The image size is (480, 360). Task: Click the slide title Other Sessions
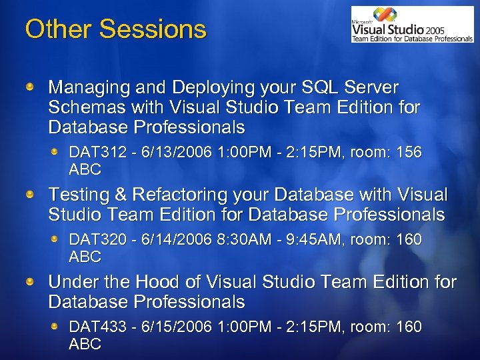[x=115, y=29]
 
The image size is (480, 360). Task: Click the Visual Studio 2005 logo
[x=412, y=25]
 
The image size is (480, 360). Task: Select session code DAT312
[x=93, y=153]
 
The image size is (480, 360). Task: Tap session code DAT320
[x=93, y=239]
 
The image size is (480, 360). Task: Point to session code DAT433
[x=93, y=327]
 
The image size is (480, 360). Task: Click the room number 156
[x=409, y=153]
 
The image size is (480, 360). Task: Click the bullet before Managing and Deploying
[x=30, y=87]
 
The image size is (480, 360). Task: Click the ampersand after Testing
[x=121, y=195]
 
